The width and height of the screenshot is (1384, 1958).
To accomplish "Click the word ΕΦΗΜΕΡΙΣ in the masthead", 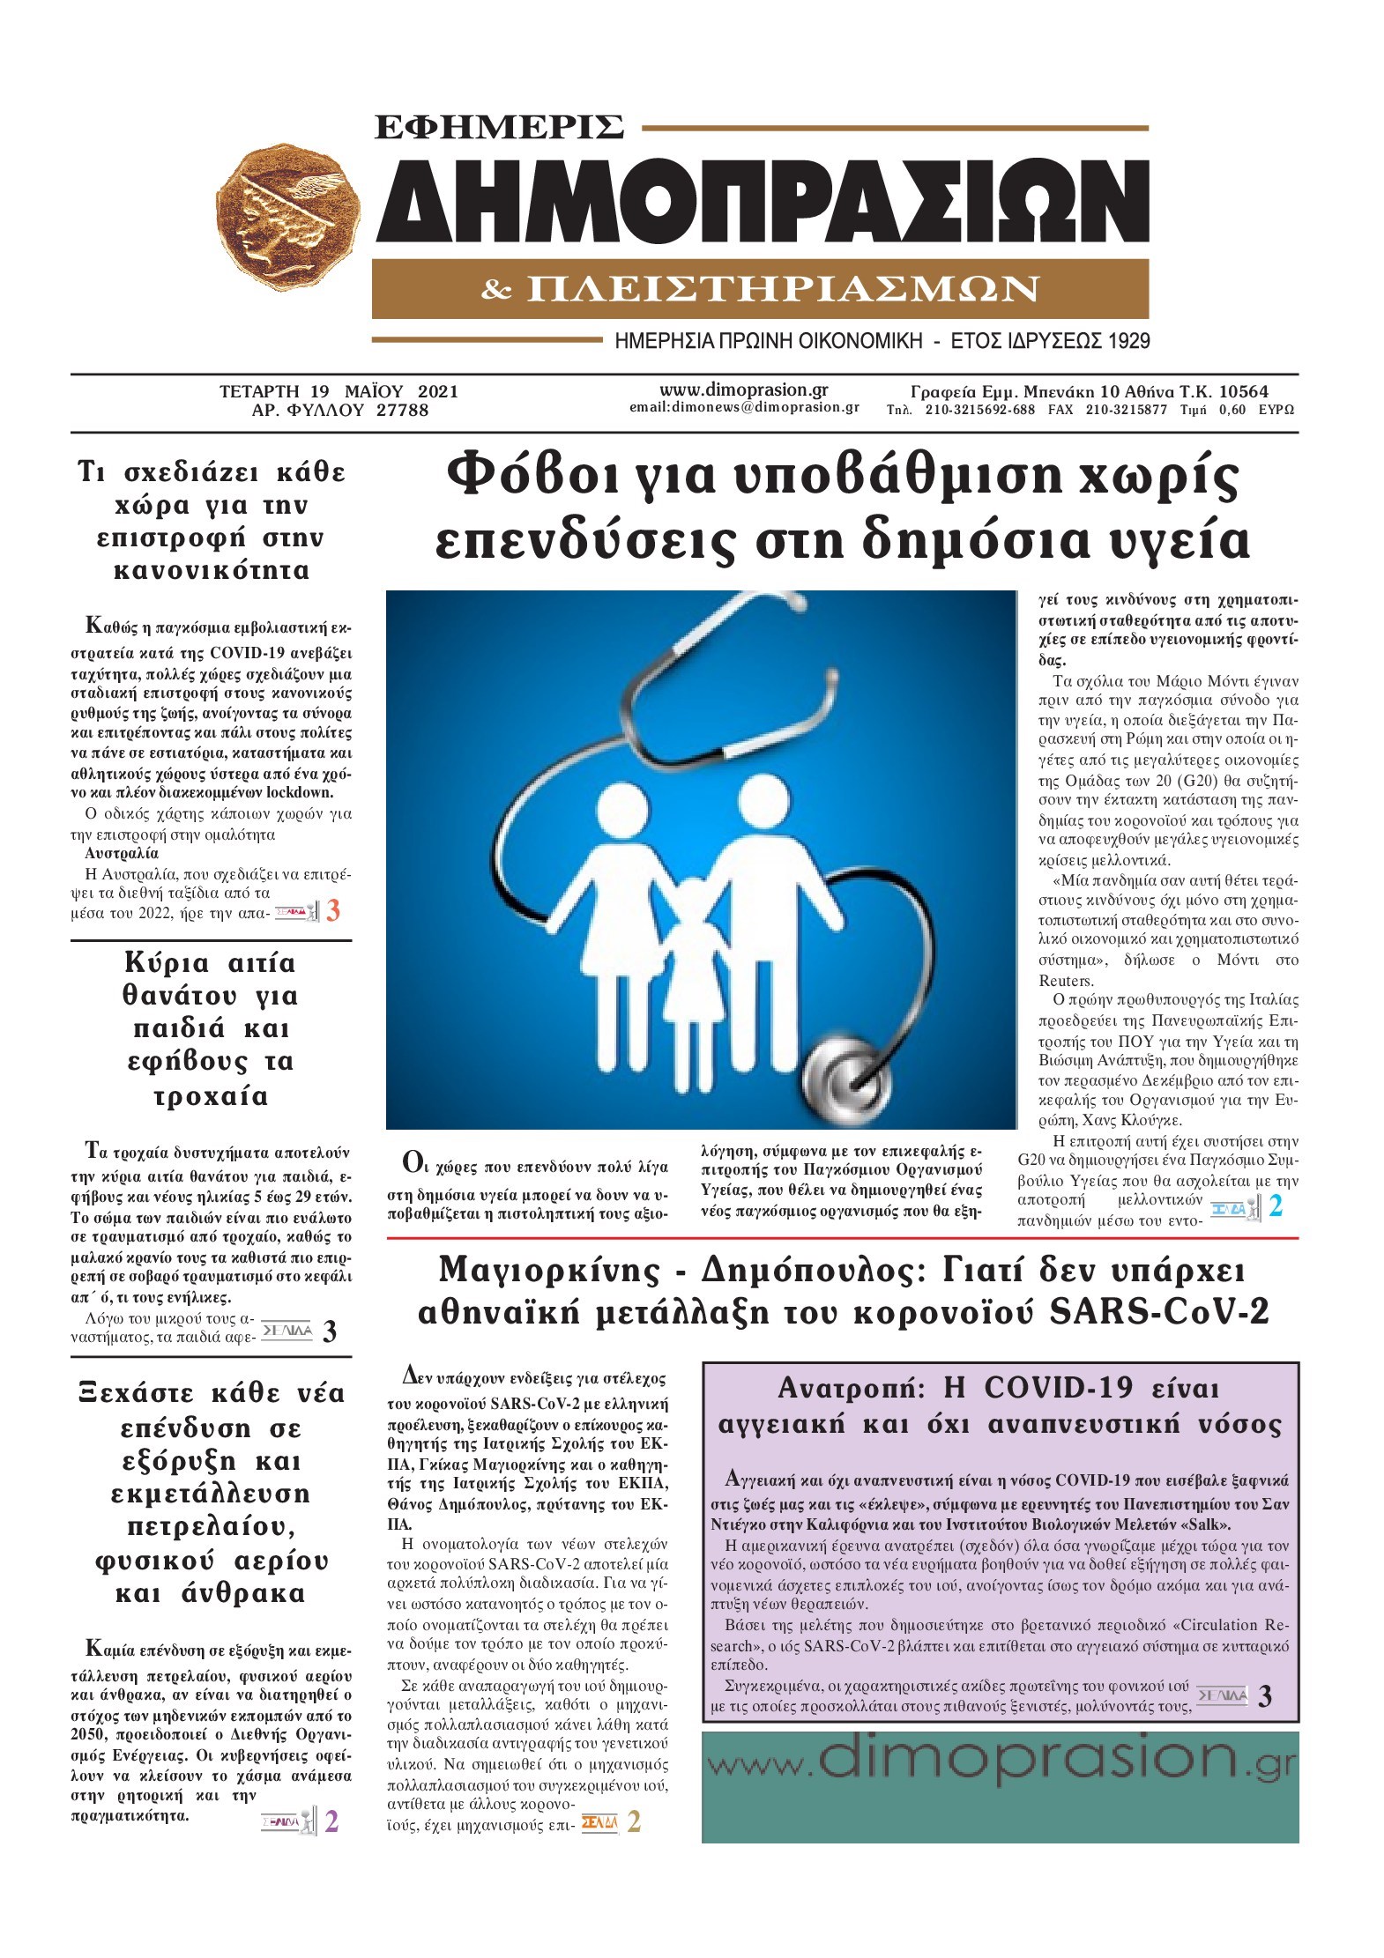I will point(499,127).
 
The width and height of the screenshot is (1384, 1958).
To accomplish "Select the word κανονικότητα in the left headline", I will point(212,571).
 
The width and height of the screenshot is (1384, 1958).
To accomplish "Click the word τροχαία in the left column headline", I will point(211,1097).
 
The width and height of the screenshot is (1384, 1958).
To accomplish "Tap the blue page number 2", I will point(1275,1206).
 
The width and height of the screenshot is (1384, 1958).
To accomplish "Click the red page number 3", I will point(333,910).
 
